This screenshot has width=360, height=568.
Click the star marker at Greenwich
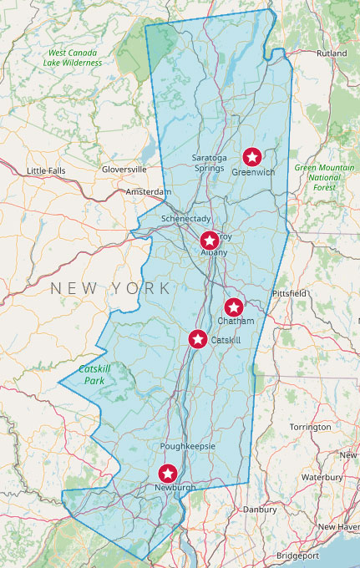pos(251,156)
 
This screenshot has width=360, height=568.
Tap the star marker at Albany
pos(210,241)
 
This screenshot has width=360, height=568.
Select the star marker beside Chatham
pos(234,307)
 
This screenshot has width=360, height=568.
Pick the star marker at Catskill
pos(198,339)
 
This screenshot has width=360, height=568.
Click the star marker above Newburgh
pos(168,474)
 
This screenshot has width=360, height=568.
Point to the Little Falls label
pos(46,170)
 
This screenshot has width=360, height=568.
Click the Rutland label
pos(332,53)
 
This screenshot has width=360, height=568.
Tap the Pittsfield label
pos(290,294)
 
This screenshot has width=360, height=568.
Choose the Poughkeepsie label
pos(187,447)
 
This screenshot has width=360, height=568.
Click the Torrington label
pos(310,427)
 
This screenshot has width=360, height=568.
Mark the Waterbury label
pos(322,477)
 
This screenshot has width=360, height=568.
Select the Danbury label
pos(259,508)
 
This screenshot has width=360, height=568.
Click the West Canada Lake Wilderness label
pos(75,58)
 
